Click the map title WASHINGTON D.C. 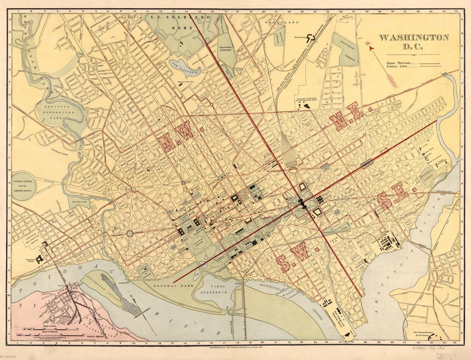[413, 41]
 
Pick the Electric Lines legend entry [398, 67]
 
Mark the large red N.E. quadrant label [346, 116]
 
